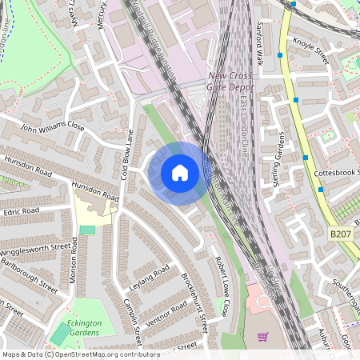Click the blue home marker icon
click(x=180, y=172)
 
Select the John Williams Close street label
click(x=53, y=126)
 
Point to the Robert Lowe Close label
click(x=221, y=286)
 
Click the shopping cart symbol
click(x=262, y=337)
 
